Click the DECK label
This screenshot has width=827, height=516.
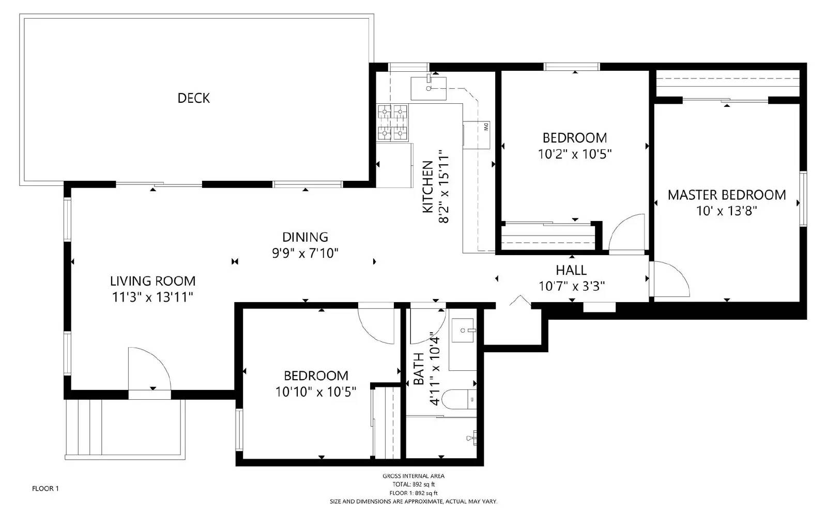[193, 98]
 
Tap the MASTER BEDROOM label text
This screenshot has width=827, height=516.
[727, 195]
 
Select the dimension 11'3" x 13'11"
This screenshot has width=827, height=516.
[152, 297]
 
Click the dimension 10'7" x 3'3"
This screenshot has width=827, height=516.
[572, 286]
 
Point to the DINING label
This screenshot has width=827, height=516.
[305, 237]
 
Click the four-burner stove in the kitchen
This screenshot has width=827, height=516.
[393, 122]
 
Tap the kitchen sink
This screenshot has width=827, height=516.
[428, 88]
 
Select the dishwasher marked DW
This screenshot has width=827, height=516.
[476, 135]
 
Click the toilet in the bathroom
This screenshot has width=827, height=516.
[462, 399]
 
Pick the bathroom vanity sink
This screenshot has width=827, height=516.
[463, 331]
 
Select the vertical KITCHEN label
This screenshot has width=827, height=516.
[428, 187]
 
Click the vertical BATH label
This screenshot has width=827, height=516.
[419, 369]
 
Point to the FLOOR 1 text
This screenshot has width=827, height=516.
[45, 488]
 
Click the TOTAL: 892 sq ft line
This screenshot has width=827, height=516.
[413, 484]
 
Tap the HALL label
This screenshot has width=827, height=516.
[571, 270]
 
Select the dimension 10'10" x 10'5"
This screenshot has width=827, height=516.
[316, 392]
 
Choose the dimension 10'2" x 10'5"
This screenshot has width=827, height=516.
[575, 154]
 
